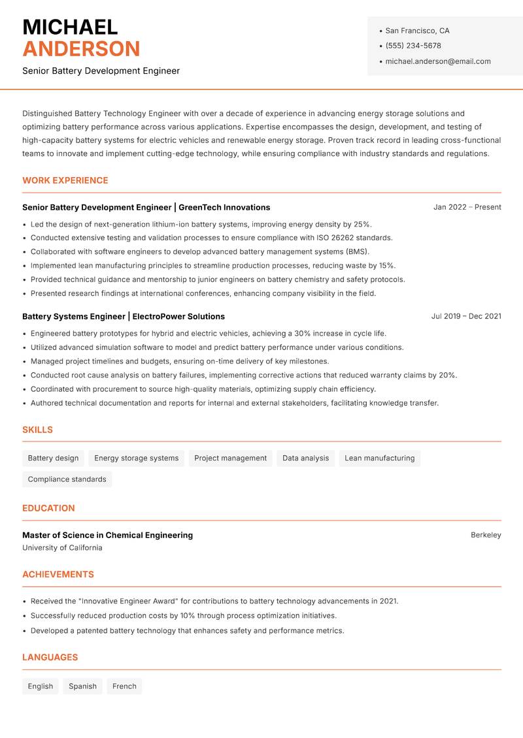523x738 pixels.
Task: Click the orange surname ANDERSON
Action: [x=81, y=49]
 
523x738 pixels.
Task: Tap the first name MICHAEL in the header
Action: [x=70, y=27]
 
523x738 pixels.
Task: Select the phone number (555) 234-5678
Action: [x=413, y=46]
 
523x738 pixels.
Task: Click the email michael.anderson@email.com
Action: [x=437, y=61]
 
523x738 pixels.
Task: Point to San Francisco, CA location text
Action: [x=417, y=31]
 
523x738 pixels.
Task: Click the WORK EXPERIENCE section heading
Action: [x=65, y=180]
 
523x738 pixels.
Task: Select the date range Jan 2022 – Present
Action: [x=467, y=207]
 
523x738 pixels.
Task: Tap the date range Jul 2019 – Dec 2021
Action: [x=465, y=316]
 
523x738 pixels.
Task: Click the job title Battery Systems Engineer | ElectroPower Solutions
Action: [x=123, y=316]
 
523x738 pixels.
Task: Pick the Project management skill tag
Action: [x=230, y=458]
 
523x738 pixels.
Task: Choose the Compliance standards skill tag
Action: [x=67, y=479]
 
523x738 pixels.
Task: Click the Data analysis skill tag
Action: [x=305, y=458]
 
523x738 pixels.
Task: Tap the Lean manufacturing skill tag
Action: [x=379, y=458]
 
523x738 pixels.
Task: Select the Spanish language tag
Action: [x=82, y=686]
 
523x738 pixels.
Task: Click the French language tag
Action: [x=124, y=686]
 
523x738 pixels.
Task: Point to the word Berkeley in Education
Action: [x=486, y=535]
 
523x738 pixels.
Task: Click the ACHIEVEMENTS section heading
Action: [x=58, y=575]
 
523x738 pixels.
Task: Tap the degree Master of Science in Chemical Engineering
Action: [x=107, y=535]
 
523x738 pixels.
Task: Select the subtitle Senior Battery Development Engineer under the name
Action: [x=101, y=71]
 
